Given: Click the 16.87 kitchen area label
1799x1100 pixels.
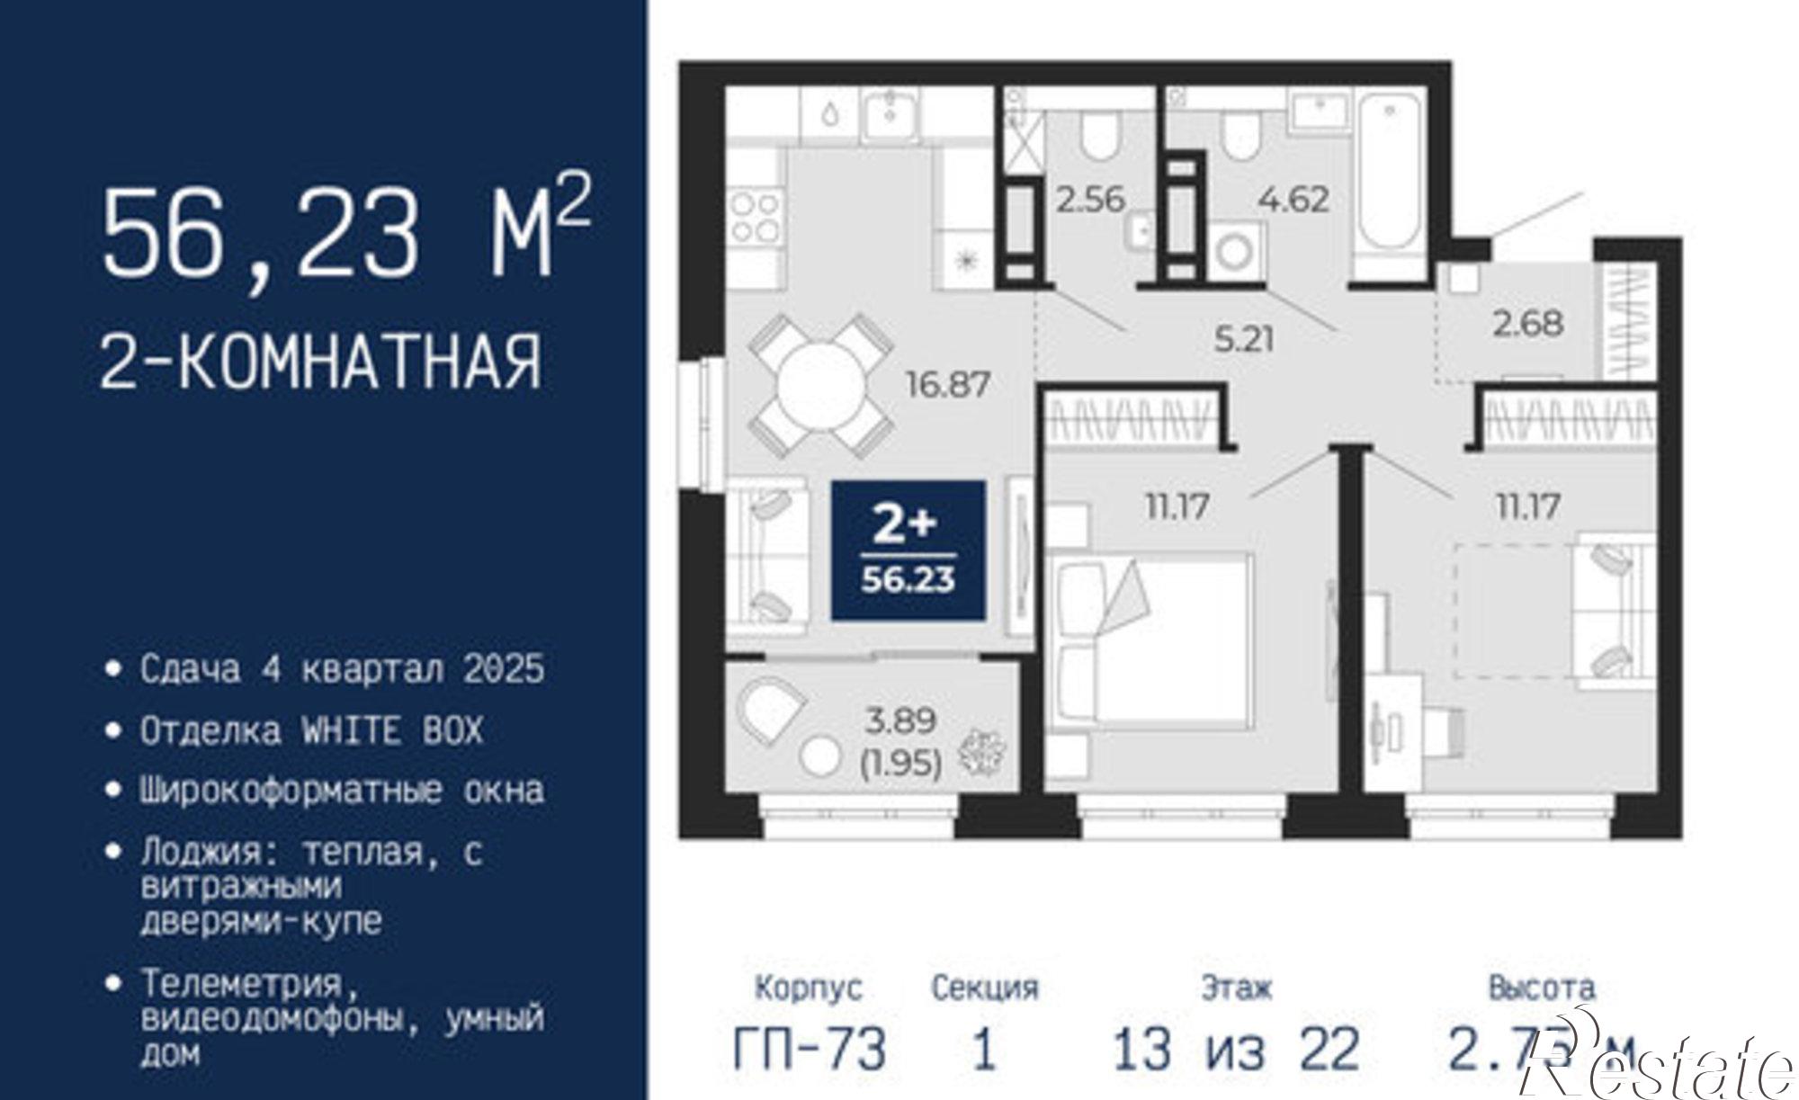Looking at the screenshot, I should point(947,385).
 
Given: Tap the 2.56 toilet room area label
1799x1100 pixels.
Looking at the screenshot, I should point(1090,199).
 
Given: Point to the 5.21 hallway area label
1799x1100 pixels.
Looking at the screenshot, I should point(1244,340).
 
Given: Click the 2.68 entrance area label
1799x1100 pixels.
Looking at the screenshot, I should point(1528,323).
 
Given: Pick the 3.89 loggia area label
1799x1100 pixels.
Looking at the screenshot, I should point(900,720).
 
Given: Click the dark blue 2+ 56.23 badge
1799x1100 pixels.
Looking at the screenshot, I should point(908,550).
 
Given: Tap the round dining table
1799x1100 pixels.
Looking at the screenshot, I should point(821,385).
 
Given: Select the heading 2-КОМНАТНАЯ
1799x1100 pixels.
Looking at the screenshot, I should point(321,362).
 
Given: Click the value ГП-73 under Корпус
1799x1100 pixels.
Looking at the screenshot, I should point(810,1049).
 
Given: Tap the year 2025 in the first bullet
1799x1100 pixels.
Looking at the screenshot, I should point(504,669).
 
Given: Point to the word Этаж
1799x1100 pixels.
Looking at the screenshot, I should point(1236,988).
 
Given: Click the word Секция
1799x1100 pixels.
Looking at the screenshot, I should point(984,988).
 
